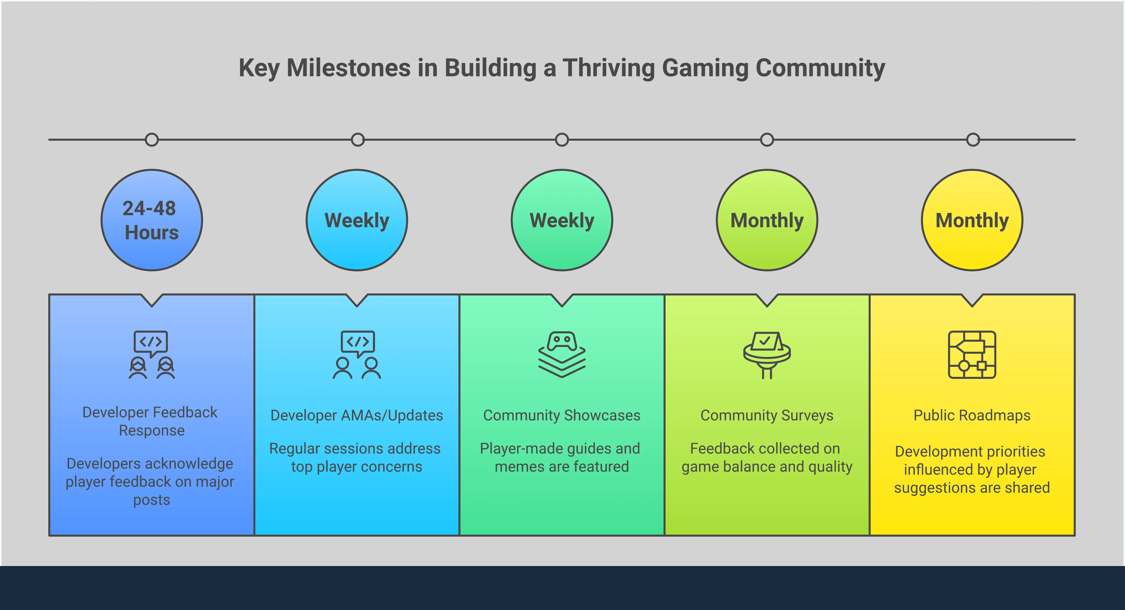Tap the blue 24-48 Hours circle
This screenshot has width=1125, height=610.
[x=152, y=220]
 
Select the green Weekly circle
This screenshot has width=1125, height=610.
[x=562, y=220]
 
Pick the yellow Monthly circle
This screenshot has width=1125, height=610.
[x=972, y=220]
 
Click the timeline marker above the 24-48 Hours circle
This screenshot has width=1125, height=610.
[x=152, y=140]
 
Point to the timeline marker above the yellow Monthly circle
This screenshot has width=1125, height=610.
[x=973, y=140]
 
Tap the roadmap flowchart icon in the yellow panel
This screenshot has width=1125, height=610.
[x=972, y=354]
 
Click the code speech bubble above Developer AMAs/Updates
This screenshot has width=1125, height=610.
[x=358, y=343]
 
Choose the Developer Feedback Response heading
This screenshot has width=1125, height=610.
[x=151, y=421]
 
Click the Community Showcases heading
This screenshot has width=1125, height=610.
[x=562, y=415]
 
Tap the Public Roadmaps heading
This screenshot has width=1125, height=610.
[x=972, y=415]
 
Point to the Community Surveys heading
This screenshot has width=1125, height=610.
[x=767, y=415]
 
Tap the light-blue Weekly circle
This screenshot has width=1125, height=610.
[x=357, y=220]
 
